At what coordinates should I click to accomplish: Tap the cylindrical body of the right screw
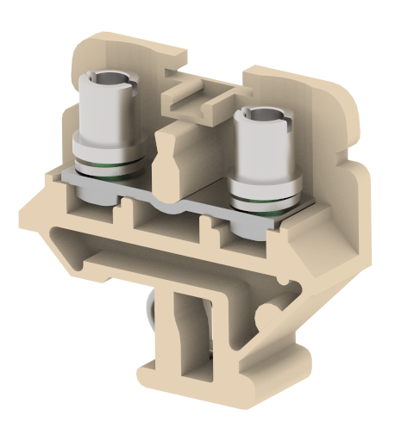(262, 146)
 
